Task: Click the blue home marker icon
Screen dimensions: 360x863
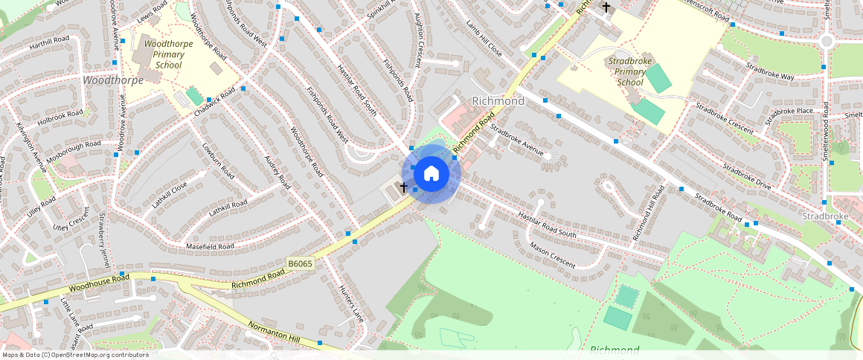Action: coord(431,174)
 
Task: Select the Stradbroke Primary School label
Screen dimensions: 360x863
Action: coord(629,71)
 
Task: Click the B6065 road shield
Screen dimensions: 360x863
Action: coord(301,263)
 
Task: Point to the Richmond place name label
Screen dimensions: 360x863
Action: coord(498,100)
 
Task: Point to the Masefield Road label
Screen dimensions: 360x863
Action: coord(210,245)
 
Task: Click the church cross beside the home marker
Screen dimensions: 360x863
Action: coord(404,187)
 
